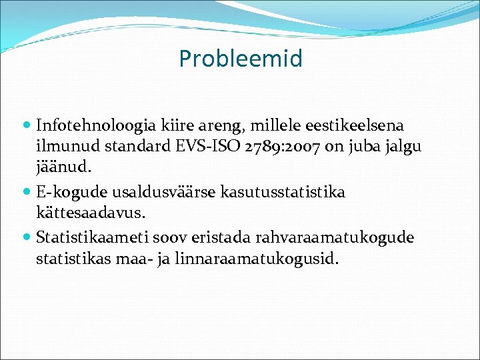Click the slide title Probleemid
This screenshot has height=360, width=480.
click(x=240, y=59)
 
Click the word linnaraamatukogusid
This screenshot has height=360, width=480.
click(x=257, y=259)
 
